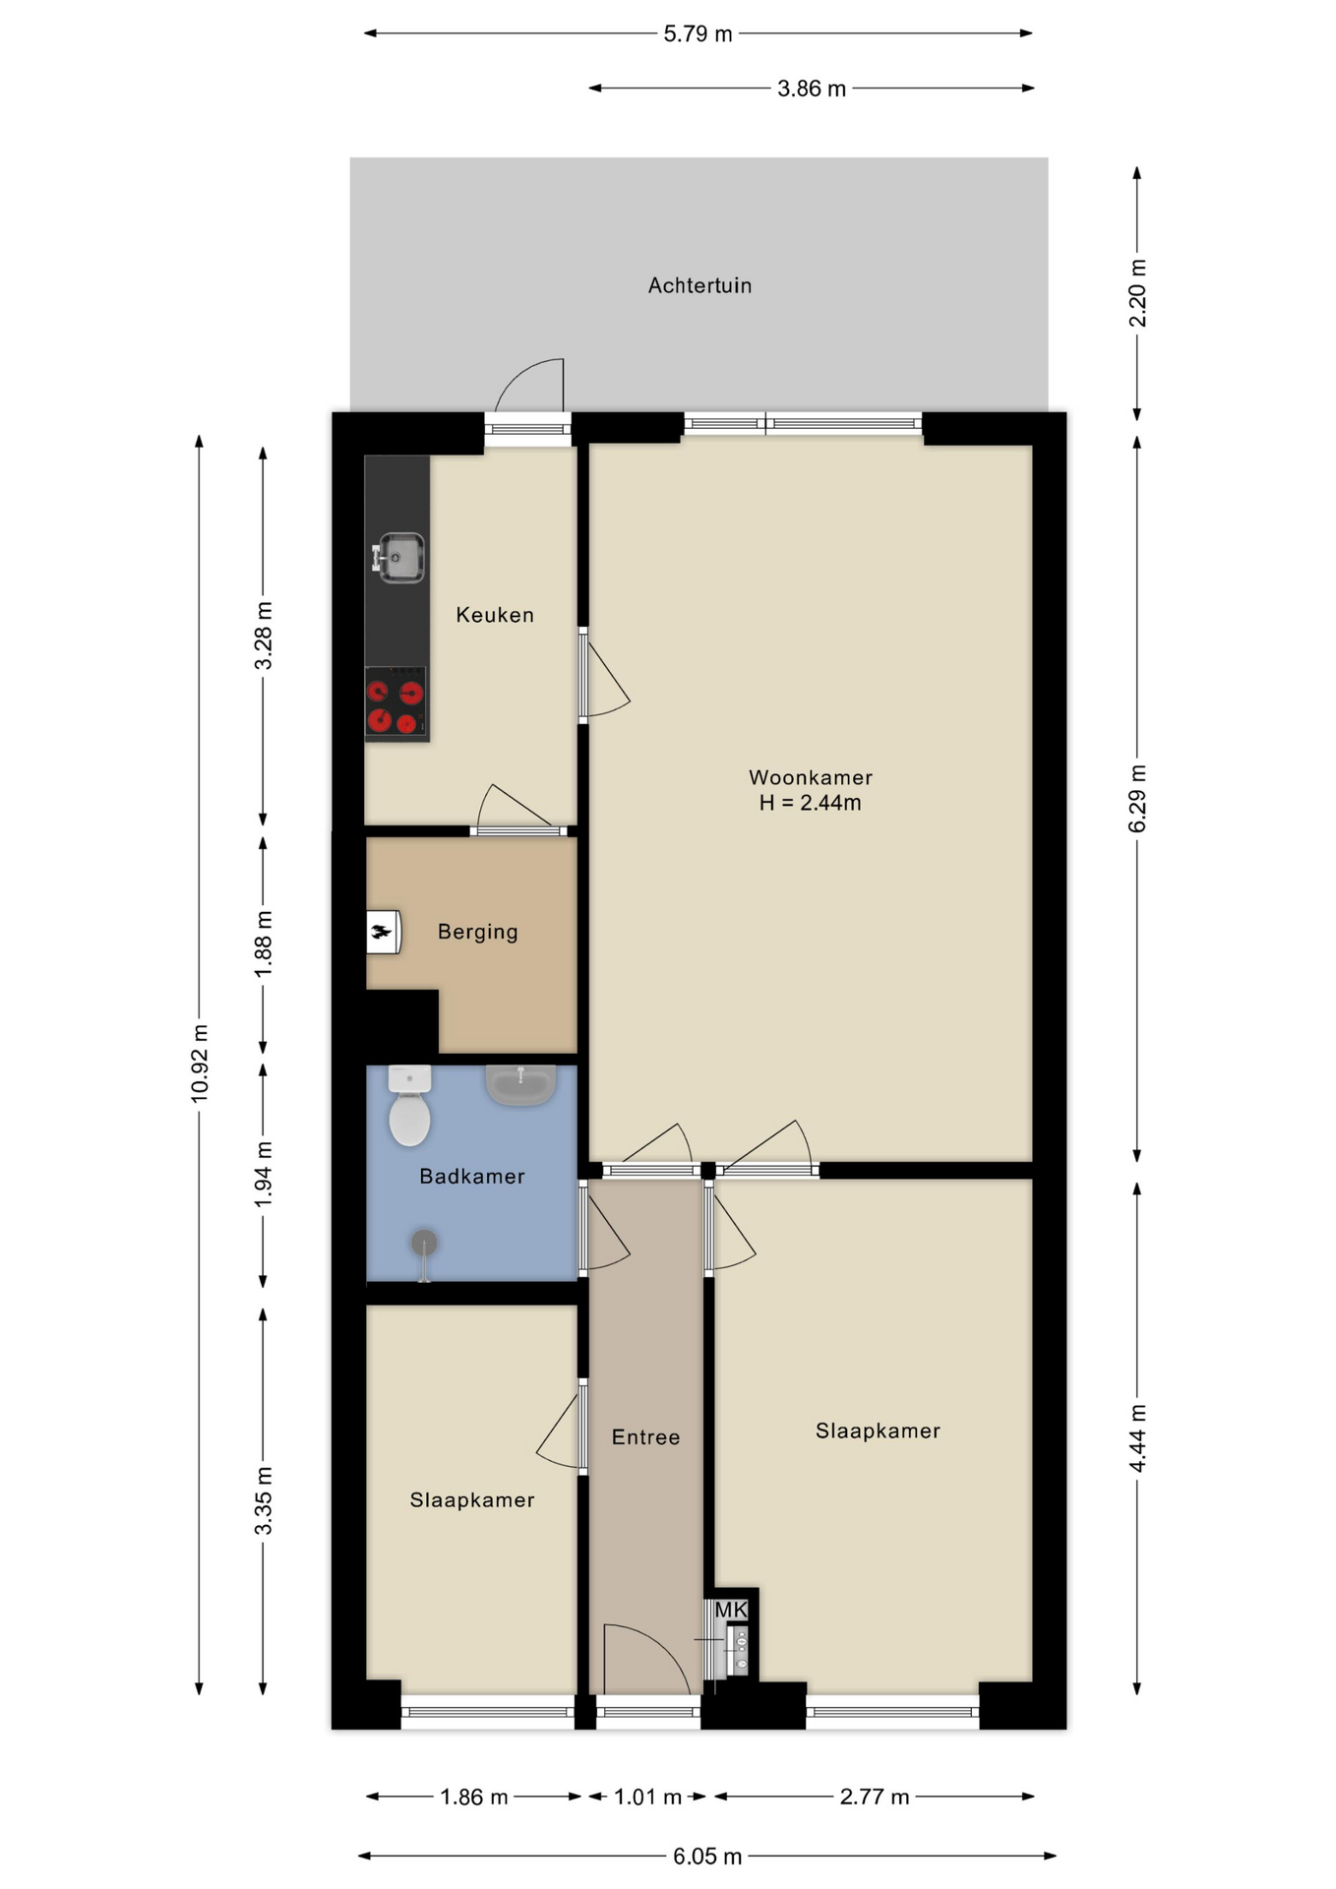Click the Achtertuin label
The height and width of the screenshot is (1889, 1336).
[x=699, y=285]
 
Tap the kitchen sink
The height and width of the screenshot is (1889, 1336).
[x=398, y=557]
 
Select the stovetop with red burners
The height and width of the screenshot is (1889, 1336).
[x=395, y=704]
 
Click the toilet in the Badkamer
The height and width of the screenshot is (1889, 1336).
[x=409, y=1107]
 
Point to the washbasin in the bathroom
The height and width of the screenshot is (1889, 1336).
[x=520, y=1085]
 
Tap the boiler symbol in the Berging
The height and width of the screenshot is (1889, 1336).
[x=383, y=932]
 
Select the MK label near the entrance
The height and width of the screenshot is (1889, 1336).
[x=731, y=1611]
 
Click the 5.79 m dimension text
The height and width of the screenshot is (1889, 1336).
[x=698, y=34]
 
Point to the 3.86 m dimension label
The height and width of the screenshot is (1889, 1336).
[x=812, y=89]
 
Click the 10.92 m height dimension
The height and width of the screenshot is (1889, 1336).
[x=200, y=1064]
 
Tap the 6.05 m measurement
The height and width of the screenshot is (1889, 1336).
[x=707, y=1857]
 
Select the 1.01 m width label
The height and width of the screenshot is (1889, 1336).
[x=647, y=1798]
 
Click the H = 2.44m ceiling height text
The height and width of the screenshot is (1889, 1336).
[x=810, y=803]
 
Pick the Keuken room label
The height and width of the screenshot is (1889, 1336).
[x=495, y=615]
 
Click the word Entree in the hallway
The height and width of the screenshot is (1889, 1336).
[x=645, y=1437]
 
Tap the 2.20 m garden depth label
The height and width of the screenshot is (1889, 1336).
[x=1137, y=293]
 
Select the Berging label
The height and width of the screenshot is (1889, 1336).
[x=477, y=932]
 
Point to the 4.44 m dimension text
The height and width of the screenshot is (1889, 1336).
[x=1137, y=1438]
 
